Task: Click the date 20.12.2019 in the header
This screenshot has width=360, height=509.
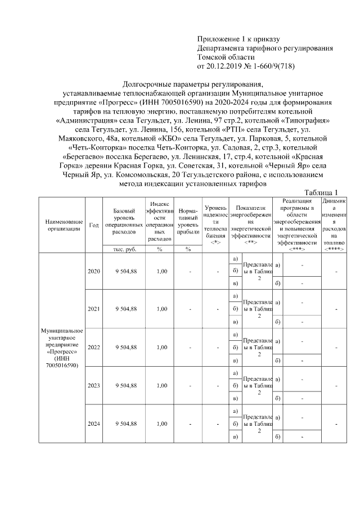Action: [225, 66]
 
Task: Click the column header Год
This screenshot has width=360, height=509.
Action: [94, 224]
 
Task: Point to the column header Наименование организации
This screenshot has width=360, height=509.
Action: [61, 224]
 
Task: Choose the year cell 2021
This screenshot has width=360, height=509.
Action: [94, 309]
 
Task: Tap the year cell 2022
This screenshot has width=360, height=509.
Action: [94, 347]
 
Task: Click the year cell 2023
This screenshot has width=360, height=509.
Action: [94, 385]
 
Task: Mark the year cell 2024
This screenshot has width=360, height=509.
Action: [94, 423]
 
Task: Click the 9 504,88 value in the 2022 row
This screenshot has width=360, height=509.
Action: [125, 347]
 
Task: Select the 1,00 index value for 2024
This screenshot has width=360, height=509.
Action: [161, 423]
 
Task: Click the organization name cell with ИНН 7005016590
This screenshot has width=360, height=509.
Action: [61, 347]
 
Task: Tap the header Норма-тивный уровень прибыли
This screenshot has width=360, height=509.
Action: [188, 220]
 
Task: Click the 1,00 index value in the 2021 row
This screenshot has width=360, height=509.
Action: [161, 309]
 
